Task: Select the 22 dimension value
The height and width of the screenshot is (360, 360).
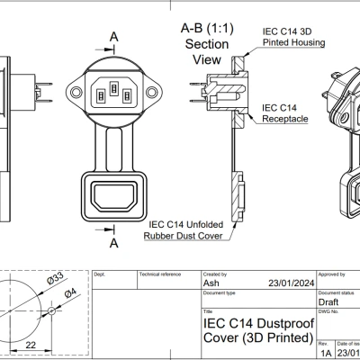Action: click(31, 345)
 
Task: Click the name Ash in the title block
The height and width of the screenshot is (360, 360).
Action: click(211, 283)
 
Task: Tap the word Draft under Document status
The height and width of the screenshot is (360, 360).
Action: click(329, 302)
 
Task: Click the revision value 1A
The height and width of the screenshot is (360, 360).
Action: click(325, 354)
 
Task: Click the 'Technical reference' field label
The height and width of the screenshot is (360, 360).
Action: click(158, 273)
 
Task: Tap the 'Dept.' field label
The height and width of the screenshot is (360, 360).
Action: click(100, 273)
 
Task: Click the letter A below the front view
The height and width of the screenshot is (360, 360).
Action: click(113, 243)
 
